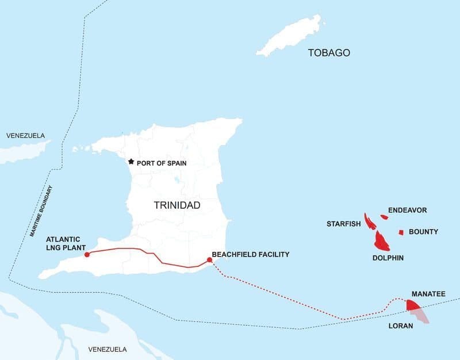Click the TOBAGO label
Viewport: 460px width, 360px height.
click(329, 53)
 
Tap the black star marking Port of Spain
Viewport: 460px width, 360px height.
click(131, 162)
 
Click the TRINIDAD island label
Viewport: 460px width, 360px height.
click(177, 205)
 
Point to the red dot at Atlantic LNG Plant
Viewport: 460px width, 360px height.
click(87, 254)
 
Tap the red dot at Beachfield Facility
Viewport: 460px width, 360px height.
click(209, 260)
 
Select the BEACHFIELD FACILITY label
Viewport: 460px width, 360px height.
click(250, 254)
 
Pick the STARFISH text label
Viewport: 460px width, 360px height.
click(343, 223)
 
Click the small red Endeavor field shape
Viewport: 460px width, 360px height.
click(385, 217)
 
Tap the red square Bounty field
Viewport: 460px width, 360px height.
click(401, 232)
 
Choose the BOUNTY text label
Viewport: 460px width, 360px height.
click(423, 232)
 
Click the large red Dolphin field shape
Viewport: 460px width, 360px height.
click(382, 240)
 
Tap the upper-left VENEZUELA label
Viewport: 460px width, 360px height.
click(25, 136)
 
